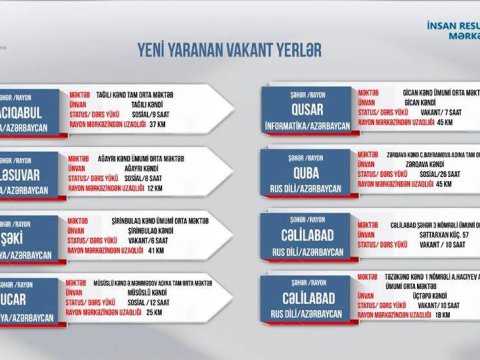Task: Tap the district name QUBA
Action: click(x=307, y=170)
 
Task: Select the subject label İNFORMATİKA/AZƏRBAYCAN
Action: click(x=307, y=126)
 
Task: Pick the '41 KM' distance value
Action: click(x=155, y=250)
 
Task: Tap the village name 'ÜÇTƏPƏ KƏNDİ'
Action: click(x=420, y=295)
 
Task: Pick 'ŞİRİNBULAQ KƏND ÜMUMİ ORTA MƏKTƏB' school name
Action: click(x=151, y=221)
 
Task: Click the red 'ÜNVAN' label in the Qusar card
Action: click(x=375, y=102)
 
